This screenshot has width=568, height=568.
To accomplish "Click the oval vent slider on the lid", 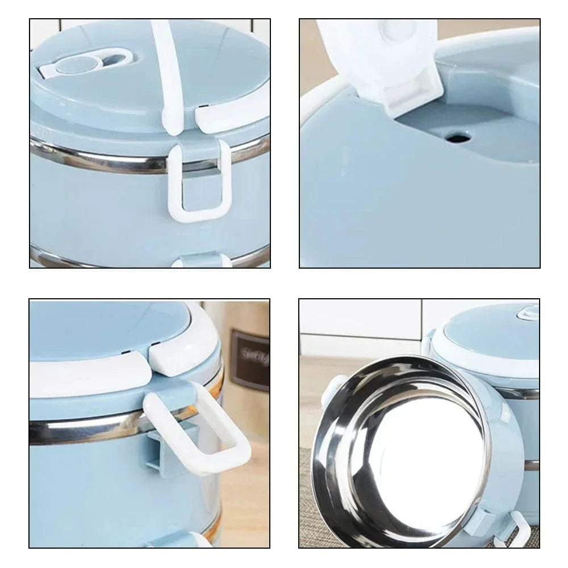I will pos(91,62).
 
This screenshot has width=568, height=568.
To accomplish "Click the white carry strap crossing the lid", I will pos(169,74).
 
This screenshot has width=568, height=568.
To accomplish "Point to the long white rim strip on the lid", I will pos(85,372).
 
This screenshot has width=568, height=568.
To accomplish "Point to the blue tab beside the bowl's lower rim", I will pos(477,520).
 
